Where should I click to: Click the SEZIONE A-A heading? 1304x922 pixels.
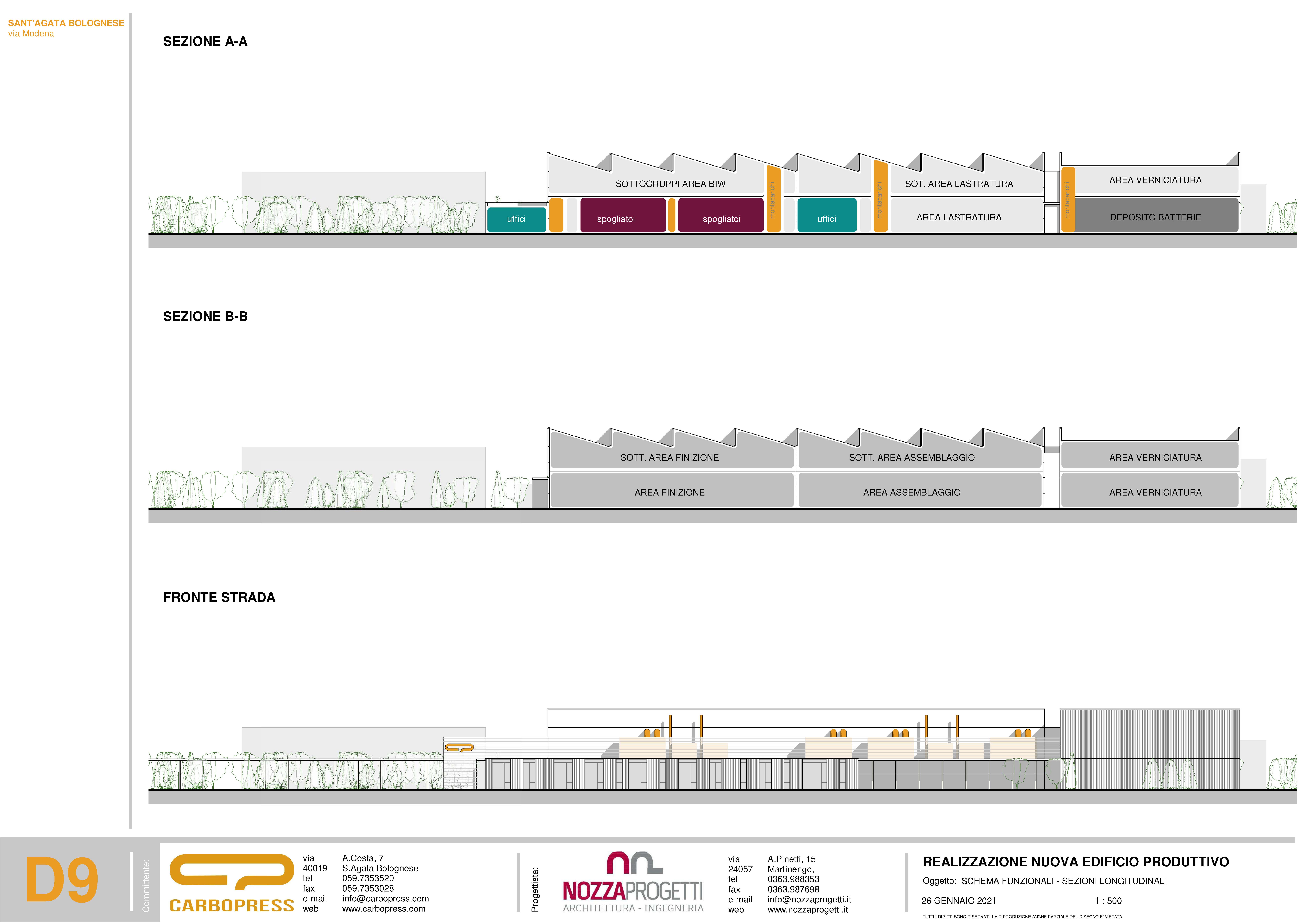[205, 42]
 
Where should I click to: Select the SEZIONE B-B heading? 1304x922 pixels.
[205, 316]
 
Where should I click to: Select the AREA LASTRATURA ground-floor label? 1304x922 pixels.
[959, 217]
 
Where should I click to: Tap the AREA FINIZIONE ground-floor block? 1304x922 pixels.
[670, 492]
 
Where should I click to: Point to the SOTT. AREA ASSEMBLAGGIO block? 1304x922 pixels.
[912, 457]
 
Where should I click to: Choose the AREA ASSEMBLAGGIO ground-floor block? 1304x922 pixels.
[912, 492]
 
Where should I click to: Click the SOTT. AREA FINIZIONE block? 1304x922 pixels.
[670, 457]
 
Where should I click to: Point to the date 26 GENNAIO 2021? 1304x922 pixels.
[959, 900]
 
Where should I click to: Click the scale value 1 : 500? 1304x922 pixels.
[1108, 900]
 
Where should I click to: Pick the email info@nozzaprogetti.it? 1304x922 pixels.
[809, 899]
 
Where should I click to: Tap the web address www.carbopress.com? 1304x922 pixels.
[383, 908]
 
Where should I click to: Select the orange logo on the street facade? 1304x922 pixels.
[459, 748]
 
